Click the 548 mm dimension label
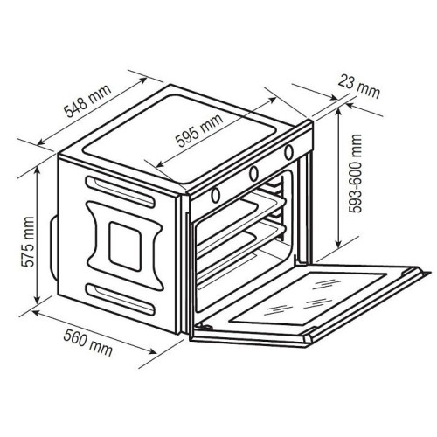pyautogui.click(x=87, y=101)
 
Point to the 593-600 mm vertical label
pyautogui.click(x=356, y=173)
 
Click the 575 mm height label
pyautogui.click(x=28, y=241)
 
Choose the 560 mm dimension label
pyautogui.click(x=87, y=342)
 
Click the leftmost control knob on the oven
pyautogui.click(x=216, y=195)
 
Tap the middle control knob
pyautogui.click(x=253, y=173)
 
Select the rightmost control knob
pyautogui.click(x=288, y=152)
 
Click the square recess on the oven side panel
pyautogui.click(x=125, y=246)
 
